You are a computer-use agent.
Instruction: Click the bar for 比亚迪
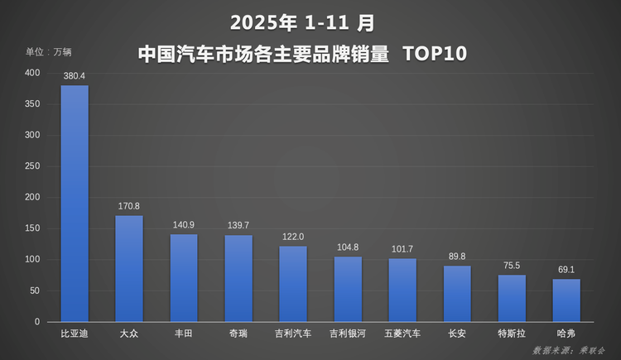(x=75, y=203)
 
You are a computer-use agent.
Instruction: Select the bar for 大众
(x=129, y=268)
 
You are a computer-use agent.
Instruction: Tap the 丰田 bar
(x=184, y=277)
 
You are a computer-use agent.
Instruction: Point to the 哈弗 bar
(x=566, y=300)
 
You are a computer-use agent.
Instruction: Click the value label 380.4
(x=75, y=76)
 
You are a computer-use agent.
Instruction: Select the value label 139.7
(x=238, y=225)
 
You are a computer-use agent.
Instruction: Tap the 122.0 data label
(x=293, y=236)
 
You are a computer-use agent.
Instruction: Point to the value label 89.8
(x=457, y=256)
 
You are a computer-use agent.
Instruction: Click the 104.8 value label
(x=348, y=247)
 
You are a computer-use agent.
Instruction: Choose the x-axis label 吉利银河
(x=348, y=334)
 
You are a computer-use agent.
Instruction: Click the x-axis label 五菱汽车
(x=402, y=334)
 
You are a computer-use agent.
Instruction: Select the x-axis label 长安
(x=457, y=334)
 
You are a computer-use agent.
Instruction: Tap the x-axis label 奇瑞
(x=238, y=334)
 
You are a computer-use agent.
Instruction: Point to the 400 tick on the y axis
(x=31, y=73)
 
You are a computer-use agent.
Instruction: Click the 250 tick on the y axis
(x=31, y=166)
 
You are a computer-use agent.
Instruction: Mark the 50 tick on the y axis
(x=34, y=290)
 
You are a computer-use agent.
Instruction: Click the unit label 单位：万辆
(x=48, y=52)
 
